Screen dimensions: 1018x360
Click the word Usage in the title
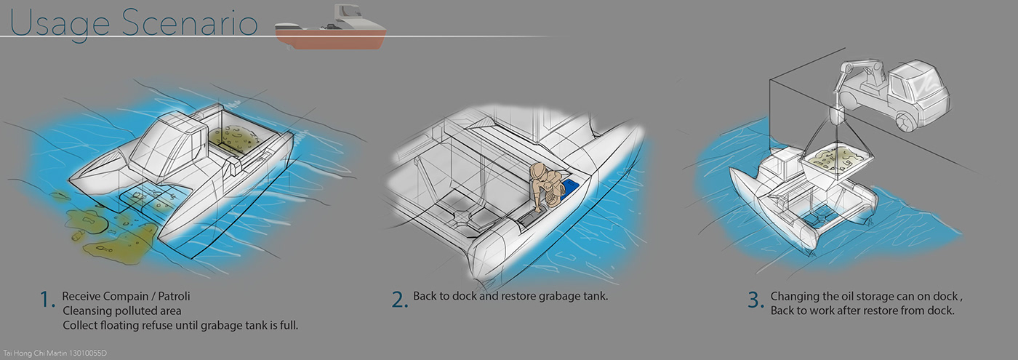pyautogui.click(x=60, y=23)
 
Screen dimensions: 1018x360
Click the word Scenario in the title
pyautogui.click(x=190, y=23)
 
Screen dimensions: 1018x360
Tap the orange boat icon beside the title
pyautogui.click(x=331, y=28)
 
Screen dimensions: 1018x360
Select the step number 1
pyautogui.click(x=47, y=300)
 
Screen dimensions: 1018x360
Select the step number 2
pyautogui.click(x=399, y=300)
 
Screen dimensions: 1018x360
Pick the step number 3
pyautogui.click(x=756, y=300)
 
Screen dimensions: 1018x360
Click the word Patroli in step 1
pyautogui.click(x=174, y=297)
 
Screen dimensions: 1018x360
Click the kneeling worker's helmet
pyautogui.click(x=539, y=170)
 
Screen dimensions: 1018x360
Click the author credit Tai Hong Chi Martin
pyautogui.click(x=36, y=353)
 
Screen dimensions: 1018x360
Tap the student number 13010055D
pyautogui.click(x=88, y=353)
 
